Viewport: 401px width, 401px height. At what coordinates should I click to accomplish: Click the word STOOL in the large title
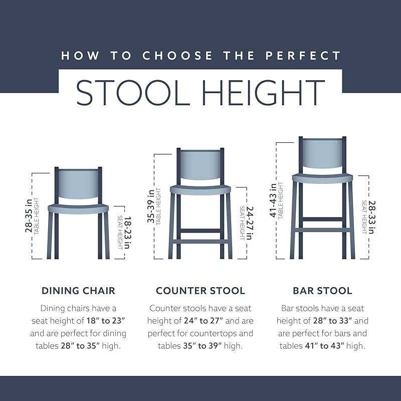tap(133, 92)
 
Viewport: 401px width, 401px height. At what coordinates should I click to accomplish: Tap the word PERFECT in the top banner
tap(303, 55)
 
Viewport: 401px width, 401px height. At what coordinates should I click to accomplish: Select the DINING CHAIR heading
tap(78, 291)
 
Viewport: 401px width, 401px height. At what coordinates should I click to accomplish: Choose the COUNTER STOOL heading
tap(200, 291)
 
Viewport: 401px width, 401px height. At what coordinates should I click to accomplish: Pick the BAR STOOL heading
tap(322, 291)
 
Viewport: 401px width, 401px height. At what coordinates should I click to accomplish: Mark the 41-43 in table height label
tap(276, 199)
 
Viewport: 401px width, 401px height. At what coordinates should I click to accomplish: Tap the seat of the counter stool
tap(200, 189)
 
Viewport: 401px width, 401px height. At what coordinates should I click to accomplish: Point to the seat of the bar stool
tap(322, 177)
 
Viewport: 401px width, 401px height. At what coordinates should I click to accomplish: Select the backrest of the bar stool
tap(322, 152)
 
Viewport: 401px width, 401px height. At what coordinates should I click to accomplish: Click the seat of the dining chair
tap(78, 208)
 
